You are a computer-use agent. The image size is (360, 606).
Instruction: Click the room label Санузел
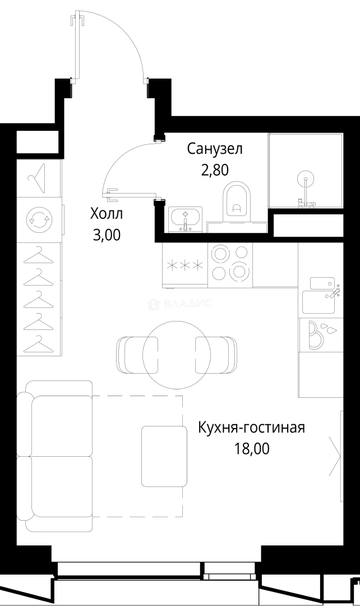pos(214,149)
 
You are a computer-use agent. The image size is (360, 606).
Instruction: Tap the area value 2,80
pos(214,170)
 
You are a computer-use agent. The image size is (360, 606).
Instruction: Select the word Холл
pos(106,214)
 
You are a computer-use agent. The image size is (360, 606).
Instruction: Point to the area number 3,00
pos(106,235)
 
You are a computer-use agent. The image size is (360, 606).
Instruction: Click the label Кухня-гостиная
pos(251,428)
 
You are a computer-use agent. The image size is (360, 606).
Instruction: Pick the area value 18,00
pos(251,449)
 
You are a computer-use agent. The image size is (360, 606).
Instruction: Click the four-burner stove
pos(230,263)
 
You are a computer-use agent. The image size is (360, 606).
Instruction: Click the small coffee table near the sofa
pos(164,456)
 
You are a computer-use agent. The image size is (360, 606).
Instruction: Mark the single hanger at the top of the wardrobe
pos(37,178)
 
